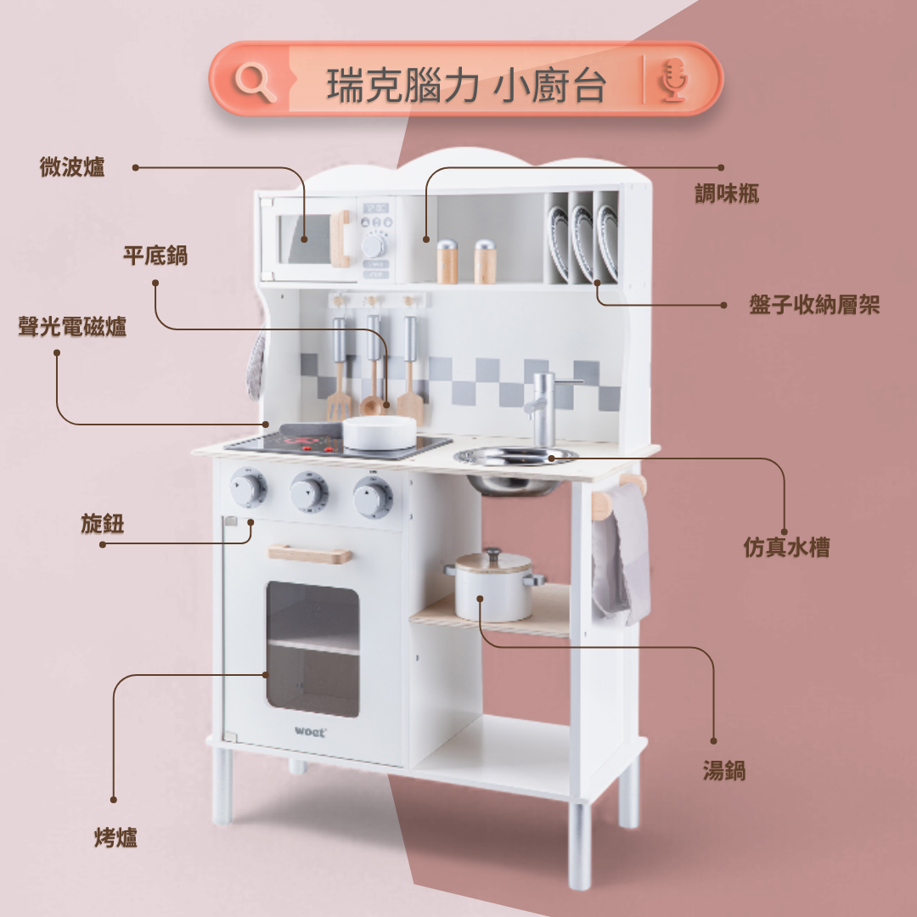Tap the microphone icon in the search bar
pyautogui.click(x=673, y=82)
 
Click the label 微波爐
pyautogui.click(x=72, y=167)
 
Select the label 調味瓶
pyautogui.click(x=727, y=194)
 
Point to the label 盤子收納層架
pyautogui.click(x=814, y=305)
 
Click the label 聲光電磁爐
pyautogui.click(x=73, y=327)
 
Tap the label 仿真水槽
pyautogui.click(x=786, y=548)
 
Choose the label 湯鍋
pyautogui.click(x=723, y=770)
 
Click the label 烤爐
pyautogui.click(x=115, y=838)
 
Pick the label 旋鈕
pyautogui.click(x=103, y=524)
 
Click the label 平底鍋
pyautogui.click(x=155, y=255)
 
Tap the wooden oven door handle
pyautogui.click(x=310, y=554)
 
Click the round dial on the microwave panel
pyautogui.click(x=374, y=245)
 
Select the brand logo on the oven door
pyautogui.click(x=310, y=730)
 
